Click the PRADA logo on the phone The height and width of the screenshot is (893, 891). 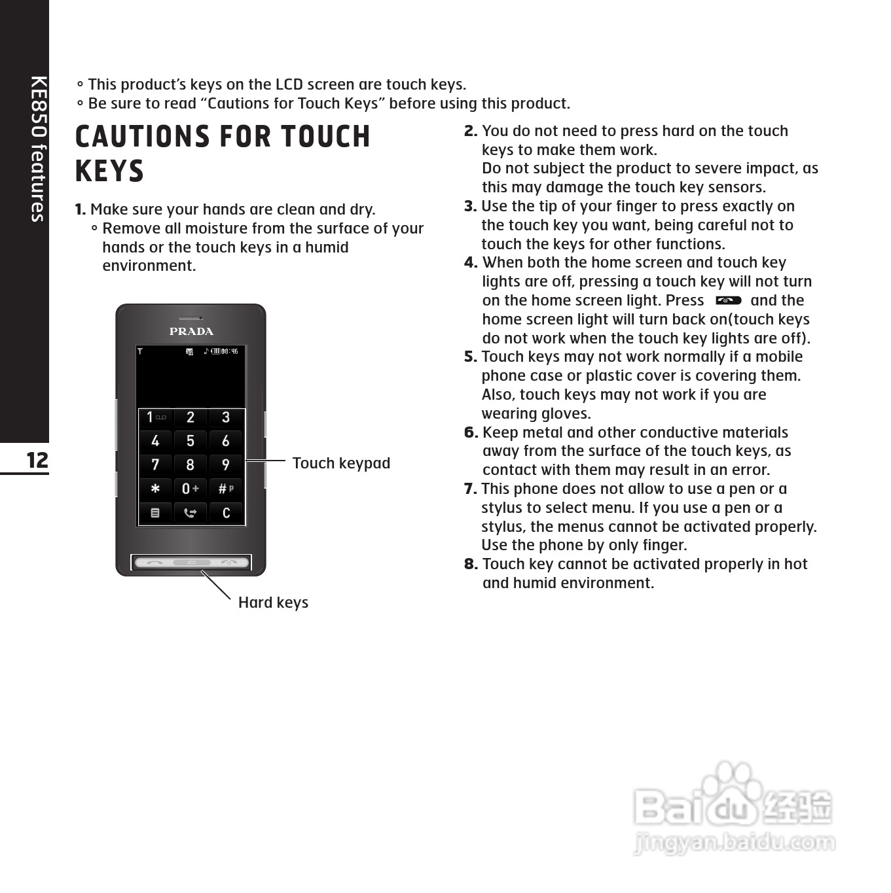click(191, 331)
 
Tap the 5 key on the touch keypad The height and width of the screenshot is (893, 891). click(190, 441)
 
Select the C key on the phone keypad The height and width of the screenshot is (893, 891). click(226, 513)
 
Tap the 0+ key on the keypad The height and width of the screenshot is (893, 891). click(190, 489)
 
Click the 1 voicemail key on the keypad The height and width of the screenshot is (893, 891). click(155, 417)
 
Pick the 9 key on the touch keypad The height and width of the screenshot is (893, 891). click(226, 465)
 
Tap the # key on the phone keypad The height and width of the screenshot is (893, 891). click(225, 489)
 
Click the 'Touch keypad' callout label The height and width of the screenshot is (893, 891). click(341, 463)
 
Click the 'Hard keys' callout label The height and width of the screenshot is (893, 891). click(273, 603)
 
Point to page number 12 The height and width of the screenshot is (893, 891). click(37, 460)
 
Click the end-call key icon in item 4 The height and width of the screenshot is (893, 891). click(728, 300)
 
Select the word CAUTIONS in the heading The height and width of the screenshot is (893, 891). click(141, 137)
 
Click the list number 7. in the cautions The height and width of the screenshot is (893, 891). click(470, 489)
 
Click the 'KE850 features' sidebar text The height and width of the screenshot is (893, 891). click(38, 149)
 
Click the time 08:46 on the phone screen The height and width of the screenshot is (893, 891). click(229, 351)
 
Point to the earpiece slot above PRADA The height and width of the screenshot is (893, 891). click(191, 318)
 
